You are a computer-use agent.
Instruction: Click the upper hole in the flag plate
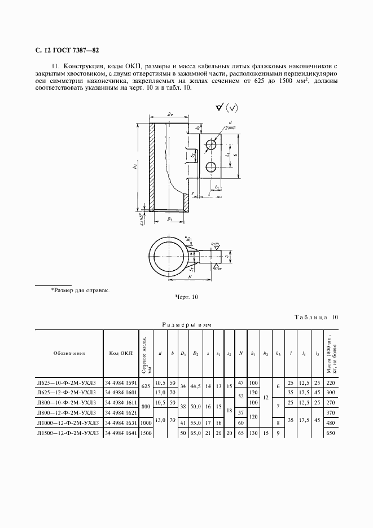(x=211, y=145)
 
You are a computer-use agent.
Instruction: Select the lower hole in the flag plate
(x=211, y=167)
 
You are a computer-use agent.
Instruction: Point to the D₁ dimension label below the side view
(x=170, y=217)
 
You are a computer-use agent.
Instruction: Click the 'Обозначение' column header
(x=69, y=353)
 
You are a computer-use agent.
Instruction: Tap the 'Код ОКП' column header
(x=121, y=353)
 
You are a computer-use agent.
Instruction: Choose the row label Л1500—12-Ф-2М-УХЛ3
(x=68, y=433)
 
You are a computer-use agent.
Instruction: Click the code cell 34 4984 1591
(x=121, y=383)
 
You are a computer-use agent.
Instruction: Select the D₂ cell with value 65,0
(x=195, y=433)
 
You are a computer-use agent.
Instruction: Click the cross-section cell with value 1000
(x=146, y=423)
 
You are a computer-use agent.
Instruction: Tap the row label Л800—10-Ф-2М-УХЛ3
(x=68, y=403)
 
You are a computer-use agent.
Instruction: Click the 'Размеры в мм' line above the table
(x=187, y=325)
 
